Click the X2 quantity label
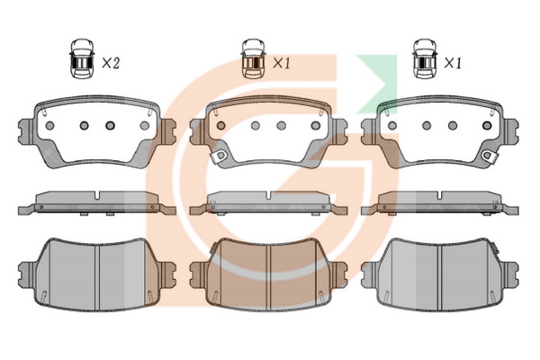[x=111, y=63]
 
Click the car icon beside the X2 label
[x=82, y=58]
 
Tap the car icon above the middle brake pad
[x=254, y=58]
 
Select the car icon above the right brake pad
[x=425, y=58]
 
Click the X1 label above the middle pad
[x=282, y=63]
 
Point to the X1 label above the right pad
[x=453, y=63]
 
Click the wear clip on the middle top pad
[x=220, y=157]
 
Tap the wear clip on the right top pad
[x=490, y=156]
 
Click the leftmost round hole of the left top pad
[x=49, y=126]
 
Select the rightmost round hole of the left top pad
[x=145, y=126]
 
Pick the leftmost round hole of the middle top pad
[x=221, y=126]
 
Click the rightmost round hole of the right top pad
[x=487, y=126]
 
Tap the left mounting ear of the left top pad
[x=26, y=131]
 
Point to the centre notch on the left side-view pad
[x=97, y=195]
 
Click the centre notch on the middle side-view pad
[x=268, y=195]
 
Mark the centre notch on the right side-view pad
[x=440, y=195]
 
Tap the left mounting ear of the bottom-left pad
[x=26, y=274]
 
